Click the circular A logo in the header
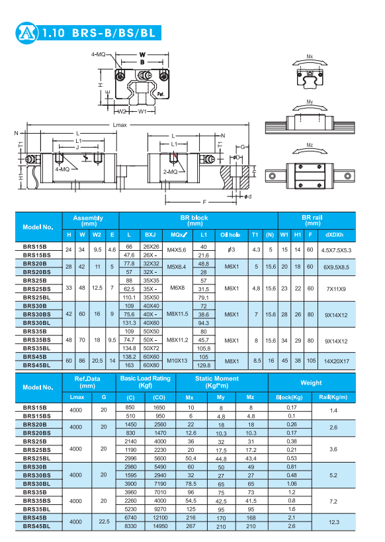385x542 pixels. point(26,33)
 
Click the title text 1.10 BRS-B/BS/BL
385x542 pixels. point(99,33)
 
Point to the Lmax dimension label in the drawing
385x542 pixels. point(120,125)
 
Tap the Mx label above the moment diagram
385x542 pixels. point(310,56)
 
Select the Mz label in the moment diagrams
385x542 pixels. point(310,145)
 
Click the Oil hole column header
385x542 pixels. point(230,235)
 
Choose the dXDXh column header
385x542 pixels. point(334,235)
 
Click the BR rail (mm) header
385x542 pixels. point(312,220)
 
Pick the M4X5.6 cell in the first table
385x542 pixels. point(177,250)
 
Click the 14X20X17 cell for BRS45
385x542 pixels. point(336,361)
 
